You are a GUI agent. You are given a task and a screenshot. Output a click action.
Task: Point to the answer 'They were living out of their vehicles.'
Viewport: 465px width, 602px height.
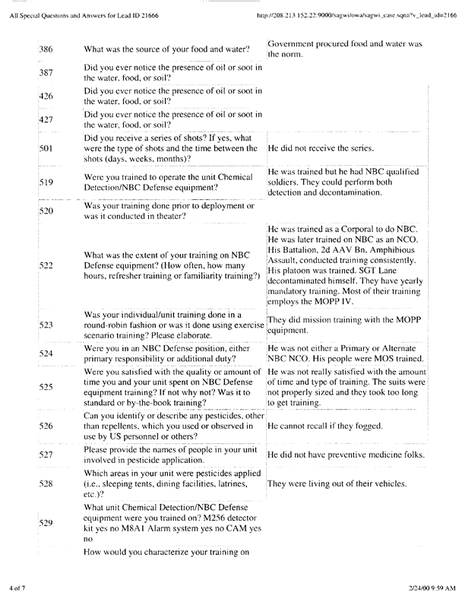[x=337, y=483]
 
